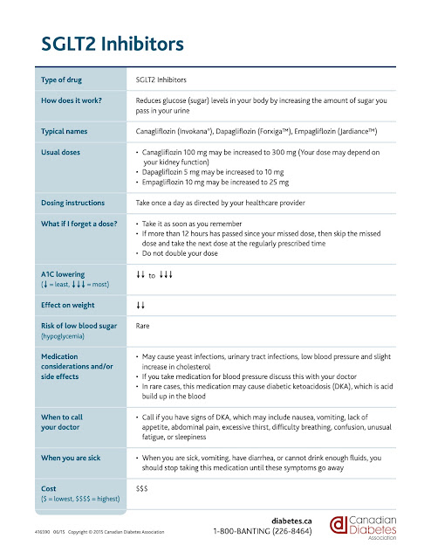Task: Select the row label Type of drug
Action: pos(65,79)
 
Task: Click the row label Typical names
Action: pos(69,131)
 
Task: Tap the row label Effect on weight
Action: pos(72,306)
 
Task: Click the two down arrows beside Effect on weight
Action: pos(140,306)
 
